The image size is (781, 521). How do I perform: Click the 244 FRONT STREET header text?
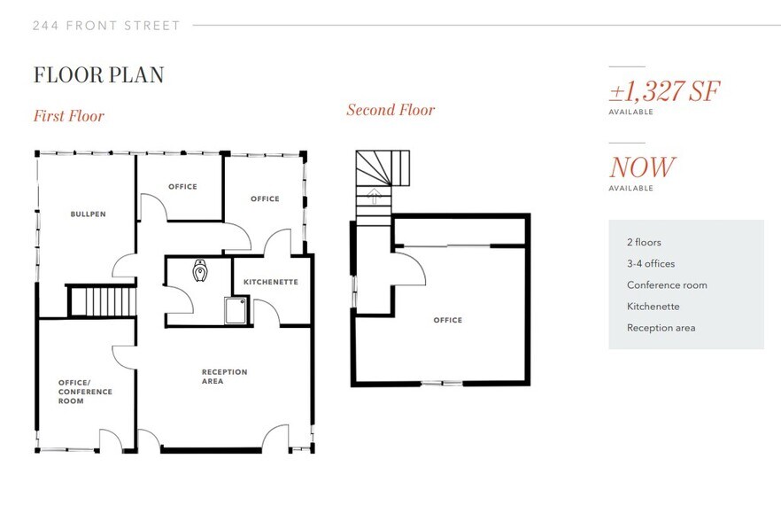pyautogui.click(x=106, y=26)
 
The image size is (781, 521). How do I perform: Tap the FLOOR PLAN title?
pyautogui.click(x=99, y=75)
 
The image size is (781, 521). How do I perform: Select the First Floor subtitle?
pyautogui.click(x=69, y=116)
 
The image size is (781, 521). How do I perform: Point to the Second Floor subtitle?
pyautogui.click(x=390, y=110)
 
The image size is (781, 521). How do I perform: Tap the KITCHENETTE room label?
pyautogui.click(x=271, y=282)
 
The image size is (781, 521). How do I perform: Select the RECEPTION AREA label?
pyautogui.click(x=224, y=377)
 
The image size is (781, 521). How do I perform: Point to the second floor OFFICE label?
pyautogui.click(x=448, y=320)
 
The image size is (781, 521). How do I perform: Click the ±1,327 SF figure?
pyautogui.click(x=664, y=90)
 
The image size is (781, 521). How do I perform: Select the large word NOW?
pyautogui.click(x=642, y=167)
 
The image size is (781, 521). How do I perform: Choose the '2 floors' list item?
pyautogui.click(x=644, y=242)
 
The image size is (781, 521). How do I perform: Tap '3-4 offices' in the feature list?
pyautogui.click(x=651, y=263)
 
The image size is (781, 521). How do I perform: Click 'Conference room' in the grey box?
pyautogui.click(x=667, y=285)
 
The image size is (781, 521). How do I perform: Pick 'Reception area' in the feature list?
pyautogui.click(x=661, y=328)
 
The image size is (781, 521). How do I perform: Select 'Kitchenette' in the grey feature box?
pyautogui.click(x=653, y=307)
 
